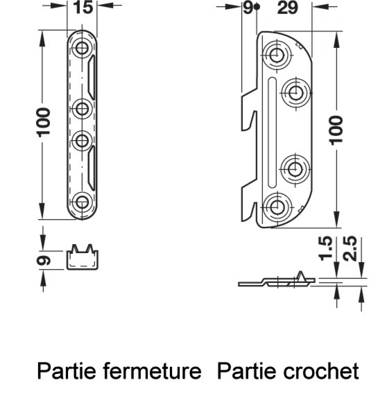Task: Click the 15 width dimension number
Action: pos(83,8)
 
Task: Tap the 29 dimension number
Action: pos(287,8)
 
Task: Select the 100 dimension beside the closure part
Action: pos(43,123)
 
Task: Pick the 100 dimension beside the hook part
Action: pos(336,130)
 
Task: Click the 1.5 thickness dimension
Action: pos(325,248)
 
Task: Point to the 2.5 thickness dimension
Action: pos(350,248)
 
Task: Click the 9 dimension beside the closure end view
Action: pos(44,260)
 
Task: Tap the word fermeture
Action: pos(152,371)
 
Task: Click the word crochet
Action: pos(320,371)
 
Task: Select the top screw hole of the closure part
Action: pos(82,48)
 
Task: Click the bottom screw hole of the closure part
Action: pos(82,203)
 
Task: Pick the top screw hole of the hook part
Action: pos(277,54)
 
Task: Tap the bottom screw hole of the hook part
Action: pos(277,207)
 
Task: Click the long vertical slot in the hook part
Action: pos(272,132)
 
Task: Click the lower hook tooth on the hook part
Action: pos(249,204)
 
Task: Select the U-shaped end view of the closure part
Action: pos(83,257)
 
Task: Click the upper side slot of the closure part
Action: pos(92,77)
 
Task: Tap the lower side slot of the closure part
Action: pos(92,168)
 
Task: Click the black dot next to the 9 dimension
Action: pos(257,7)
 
